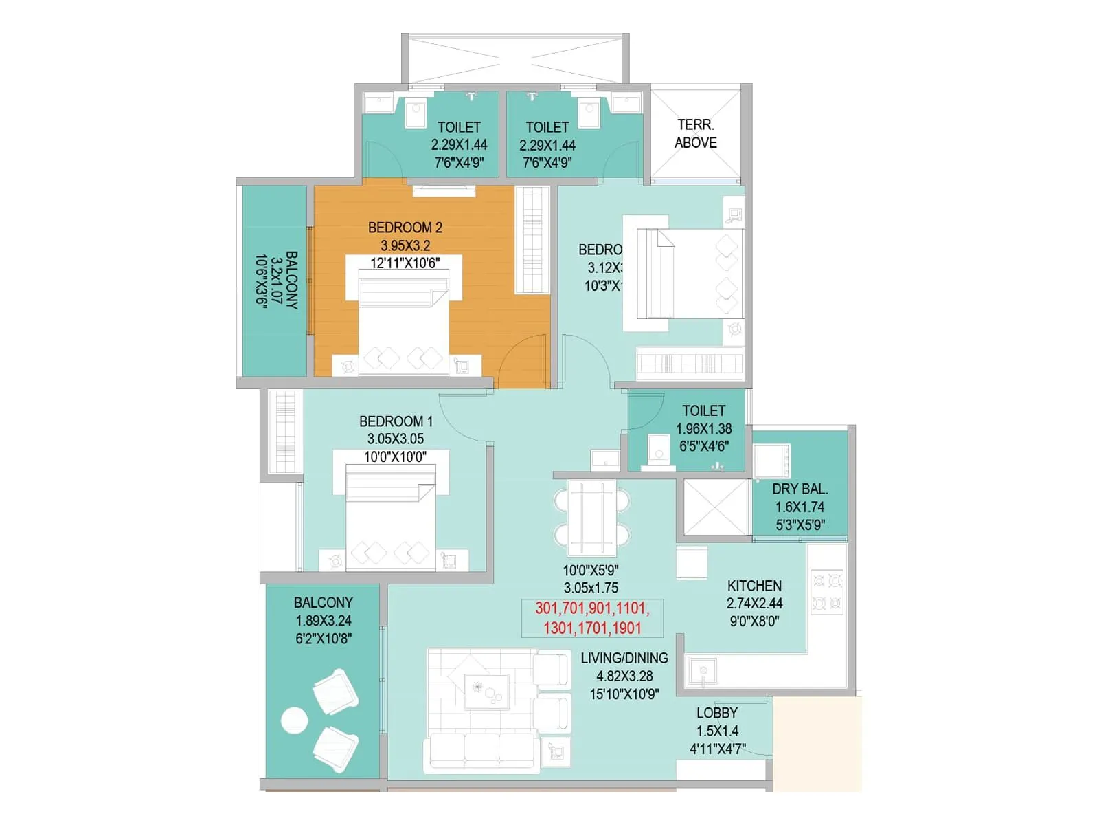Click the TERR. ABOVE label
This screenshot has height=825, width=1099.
click(695, 134)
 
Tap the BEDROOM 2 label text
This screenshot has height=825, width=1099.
click(405, 228)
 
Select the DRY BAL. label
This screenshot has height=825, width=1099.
click(800, 489)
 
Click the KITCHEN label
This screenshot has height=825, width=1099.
click(754, 586)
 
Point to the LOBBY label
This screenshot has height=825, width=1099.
click(716, 713)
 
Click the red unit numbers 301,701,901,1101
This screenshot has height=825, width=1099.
click(591, 608)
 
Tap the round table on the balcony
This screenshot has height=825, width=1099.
click(294, 721)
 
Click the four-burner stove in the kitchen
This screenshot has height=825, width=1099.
click(827, 591)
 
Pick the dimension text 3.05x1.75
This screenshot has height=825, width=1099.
click(591, 588)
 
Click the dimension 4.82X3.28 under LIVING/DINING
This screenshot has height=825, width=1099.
click(624, 676)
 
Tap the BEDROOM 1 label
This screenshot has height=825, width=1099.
click(396, 421)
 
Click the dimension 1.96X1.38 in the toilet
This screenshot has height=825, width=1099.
click(703, 429)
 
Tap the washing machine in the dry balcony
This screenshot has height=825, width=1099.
click(772, 461)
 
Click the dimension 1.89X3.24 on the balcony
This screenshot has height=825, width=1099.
click(323, 621)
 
